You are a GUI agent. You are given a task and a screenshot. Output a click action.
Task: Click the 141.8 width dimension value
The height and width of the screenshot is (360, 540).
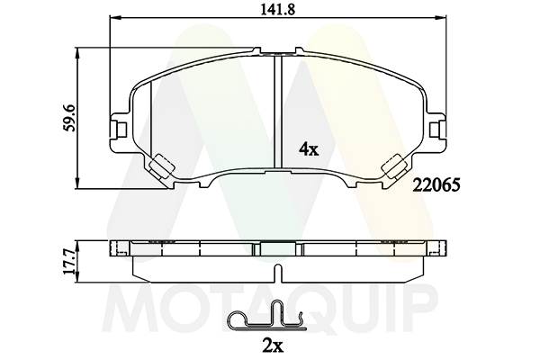[x=277, y=9]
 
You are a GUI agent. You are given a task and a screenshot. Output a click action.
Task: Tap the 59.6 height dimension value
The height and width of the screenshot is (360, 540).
[x=69, y=118]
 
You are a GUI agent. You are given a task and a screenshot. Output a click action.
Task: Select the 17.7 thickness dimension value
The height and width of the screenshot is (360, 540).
[x=69, y=262]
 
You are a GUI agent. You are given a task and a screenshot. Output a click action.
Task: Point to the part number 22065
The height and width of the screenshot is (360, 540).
[x=436, y=186]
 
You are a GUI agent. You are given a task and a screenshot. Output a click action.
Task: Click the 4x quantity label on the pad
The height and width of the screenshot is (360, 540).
[x=309, y=149]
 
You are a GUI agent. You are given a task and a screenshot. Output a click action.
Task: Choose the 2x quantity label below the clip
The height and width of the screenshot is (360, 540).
[x=273, y=346]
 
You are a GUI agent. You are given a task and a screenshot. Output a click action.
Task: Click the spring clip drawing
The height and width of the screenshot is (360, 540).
[x=266, y=316]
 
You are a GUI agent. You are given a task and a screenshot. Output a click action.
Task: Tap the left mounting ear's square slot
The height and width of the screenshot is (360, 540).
[x=121, y=130]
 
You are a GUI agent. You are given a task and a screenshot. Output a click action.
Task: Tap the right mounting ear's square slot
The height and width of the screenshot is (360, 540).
[x=435, y=130]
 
